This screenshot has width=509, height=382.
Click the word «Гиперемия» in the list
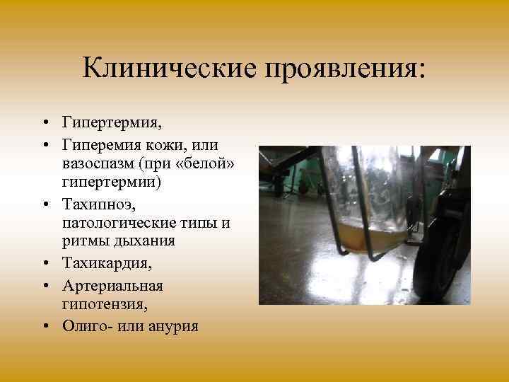[103, 145]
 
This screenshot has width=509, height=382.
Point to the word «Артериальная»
[112, 286]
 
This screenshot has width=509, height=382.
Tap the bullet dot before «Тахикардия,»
[45, 262]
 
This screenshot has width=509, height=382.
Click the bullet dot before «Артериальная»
[45, 286]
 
